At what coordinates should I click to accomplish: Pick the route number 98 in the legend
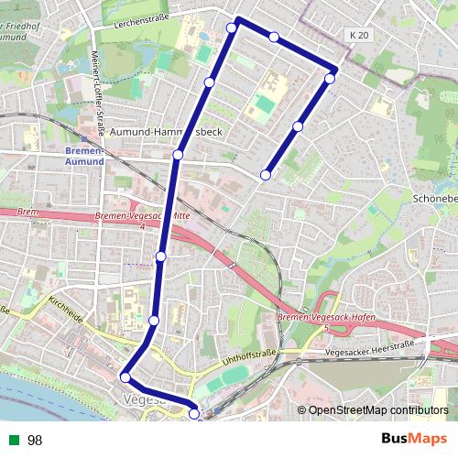[35, 441]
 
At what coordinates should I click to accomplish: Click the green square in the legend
[13, 441]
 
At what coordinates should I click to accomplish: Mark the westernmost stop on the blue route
[125, 376]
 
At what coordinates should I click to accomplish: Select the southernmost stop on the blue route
[194, 414]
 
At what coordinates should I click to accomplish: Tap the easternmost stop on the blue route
[330, 78]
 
